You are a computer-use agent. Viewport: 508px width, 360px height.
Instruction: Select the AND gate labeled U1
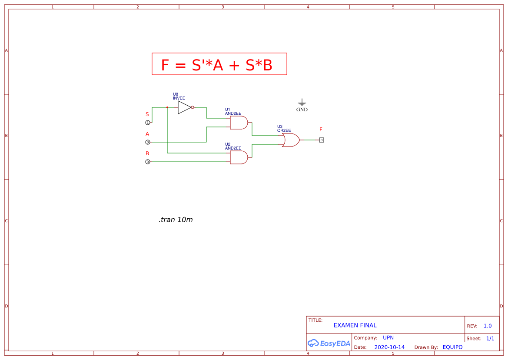point(239,123)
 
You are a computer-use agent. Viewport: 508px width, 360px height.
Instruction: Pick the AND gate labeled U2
point(239,157)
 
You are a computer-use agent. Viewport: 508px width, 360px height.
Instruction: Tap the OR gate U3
point(290,140)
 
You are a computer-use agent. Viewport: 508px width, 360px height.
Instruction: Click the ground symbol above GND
point(302,103)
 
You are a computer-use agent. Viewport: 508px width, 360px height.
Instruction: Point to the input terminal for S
point(147,123)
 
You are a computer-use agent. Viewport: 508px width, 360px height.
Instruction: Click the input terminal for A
point(147,142)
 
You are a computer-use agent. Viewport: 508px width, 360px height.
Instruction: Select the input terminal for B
point(147,162)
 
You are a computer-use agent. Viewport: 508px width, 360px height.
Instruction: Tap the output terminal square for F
point(321,140)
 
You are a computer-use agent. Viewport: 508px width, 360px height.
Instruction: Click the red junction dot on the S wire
point(167,107)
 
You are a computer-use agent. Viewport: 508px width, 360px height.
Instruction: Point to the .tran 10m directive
point(176,220)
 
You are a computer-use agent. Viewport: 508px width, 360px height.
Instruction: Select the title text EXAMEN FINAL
point(355,325)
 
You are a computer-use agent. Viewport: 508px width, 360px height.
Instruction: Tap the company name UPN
point(388,337)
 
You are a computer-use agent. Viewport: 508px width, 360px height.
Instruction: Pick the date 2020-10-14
point(389,347)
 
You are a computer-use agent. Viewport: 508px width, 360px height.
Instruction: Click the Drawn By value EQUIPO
point(452,347)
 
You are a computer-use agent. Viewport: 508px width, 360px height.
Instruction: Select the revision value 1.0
point(488,326)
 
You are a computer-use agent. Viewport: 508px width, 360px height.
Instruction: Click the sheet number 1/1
point(490,338)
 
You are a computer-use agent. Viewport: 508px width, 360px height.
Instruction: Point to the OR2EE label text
point(284,130)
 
